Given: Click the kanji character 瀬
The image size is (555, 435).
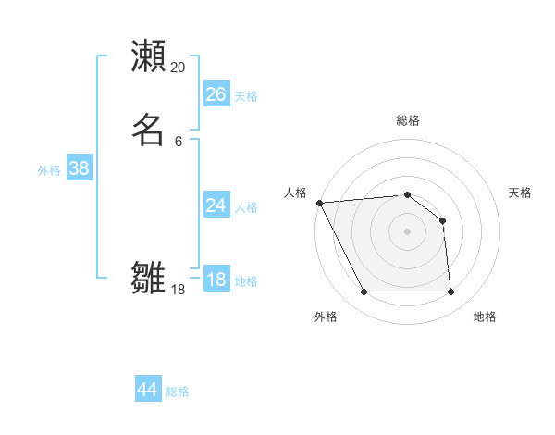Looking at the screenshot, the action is [148, 56].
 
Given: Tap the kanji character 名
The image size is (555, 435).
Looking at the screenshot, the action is [148, 130].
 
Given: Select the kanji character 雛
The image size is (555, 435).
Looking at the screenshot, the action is [148, 277].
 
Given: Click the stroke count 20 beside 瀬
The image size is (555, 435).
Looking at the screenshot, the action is [179, 68].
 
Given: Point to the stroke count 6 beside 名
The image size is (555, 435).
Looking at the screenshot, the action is [179, 141].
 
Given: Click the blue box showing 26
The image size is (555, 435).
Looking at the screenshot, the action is [216, 94].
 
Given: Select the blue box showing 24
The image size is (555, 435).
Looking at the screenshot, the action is [216, 205].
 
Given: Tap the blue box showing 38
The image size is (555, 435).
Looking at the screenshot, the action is [79, 168].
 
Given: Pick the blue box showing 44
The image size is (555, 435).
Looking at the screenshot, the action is [147, 390].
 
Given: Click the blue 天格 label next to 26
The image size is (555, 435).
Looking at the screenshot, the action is [246, 96].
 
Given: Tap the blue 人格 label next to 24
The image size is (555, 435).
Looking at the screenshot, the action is [246, 207].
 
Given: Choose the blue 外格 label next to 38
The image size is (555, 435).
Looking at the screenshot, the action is [49, 170].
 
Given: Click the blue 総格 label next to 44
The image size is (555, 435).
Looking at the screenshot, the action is [178, 391].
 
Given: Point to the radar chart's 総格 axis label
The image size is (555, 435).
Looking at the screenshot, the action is [407, 120].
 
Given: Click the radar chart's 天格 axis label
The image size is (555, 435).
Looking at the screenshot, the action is [521, 193].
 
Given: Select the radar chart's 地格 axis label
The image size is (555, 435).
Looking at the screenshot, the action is [485, 317].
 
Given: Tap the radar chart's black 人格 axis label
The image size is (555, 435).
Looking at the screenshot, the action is [295, 193].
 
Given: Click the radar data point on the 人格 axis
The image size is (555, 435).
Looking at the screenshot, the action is [319, 203].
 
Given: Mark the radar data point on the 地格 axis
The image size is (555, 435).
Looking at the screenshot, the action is [450, 292].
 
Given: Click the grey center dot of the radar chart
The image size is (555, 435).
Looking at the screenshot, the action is [407, 231].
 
